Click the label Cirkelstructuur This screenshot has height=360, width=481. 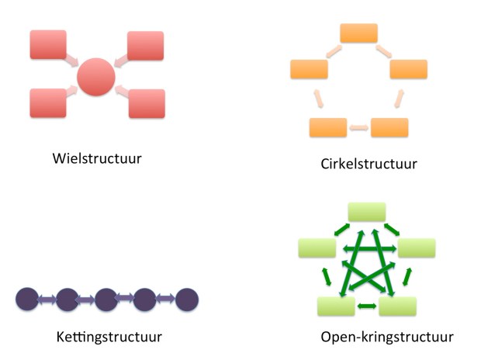tap(369, 164)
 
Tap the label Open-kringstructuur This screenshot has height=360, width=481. tap(386, 337)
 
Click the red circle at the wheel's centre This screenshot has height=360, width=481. tap(96, 76)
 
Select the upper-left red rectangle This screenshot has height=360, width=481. tap(48, 46)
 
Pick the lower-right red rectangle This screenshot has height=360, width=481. tap(147, 103)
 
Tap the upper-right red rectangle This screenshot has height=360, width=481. tap(145, 46)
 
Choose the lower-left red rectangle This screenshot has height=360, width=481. tap(48, 102)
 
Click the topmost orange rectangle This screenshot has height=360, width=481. tap(358, 33)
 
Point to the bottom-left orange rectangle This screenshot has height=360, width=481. tap(327, 127)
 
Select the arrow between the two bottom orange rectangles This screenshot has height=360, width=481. tap(358, 127)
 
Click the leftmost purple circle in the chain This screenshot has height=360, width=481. tap(27, 299)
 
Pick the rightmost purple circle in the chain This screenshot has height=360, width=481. tap(187, 299)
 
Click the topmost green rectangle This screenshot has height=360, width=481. tap(366, 211)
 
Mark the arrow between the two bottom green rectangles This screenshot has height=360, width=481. tap(366, 306)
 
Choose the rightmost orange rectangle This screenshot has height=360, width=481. tap(408, 69)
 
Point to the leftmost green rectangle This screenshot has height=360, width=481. tap(317, 248)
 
